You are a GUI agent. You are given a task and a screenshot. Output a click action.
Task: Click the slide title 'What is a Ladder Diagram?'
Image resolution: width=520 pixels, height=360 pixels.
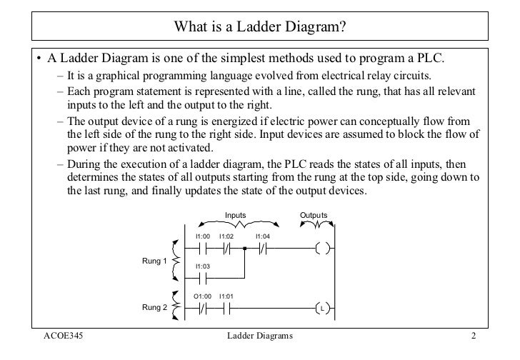tap(260, 29)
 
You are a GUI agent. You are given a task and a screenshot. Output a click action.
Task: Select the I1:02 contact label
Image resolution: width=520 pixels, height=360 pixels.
tap(227, 236)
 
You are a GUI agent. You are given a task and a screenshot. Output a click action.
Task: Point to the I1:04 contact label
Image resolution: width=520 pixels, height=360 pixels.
tap(262, 236)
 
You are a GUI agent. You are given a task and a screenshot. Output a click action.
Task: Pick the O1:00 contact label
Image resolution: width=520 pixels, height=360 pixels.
tap(204, 296)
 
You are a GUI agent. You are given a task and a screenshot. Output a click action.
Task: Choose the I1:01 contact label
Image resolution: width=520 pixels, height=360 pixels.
tap(228, 296)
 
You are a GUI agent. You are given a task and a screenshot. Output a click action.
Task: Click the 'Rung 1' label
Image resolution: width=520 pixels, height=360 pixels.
tap(154, 261)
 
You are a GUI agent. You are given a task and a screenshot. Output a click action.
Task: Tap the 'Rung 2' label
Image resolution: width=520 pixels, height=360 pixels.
tap(154, 307)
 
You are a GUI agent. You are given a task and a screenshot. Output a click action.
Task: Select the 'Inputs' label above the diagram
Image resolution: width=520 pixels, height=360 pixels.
tap(235, 214)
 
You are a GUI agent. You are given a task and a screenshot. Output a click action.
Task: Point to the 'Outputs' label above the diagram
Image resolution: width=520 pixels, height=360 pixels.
tap(314, 214)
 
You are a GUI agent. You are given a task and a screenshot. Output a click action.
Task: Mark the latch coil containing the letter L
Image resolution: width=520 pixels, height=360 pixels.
tap(323, 309)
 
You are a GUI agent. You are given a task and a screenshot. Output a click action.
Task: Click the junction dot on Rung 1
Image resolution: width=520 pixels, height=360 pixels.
tap(244, 249)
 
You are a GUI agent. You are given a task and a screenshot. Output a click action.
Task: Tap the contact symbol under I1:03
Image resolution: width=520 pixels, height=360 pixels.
tap(203, 279)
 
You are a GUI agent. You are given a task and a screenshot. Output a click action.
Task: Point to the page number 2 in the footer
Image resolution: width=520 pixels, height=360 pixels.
tap(473, 336)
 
